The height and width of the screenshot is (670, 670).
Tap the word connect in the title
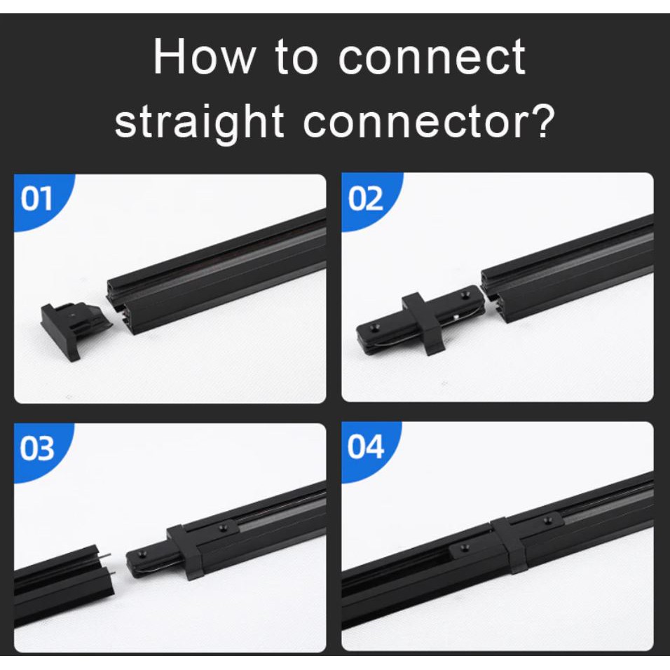tap(432, 57)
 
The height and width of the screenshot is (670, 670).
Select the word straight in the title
tap(200, 122)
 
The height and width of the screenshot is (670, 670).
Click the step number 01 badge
tap(39, 200)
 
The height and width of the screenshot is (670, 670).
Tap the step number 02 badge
tap(367, 199)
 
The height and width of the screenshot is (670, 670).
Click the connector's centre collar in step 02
tap(424, 324)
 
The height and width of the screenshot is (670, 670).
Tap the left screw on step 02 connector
tap(375, 328)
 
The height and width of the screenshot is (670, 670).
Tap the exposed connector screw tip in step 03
tap(141, 556)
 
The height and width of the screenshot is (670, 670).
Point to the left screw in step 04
tap(465, 547)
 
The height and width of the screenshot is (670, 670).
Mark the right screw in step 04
tap(548, 520)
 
